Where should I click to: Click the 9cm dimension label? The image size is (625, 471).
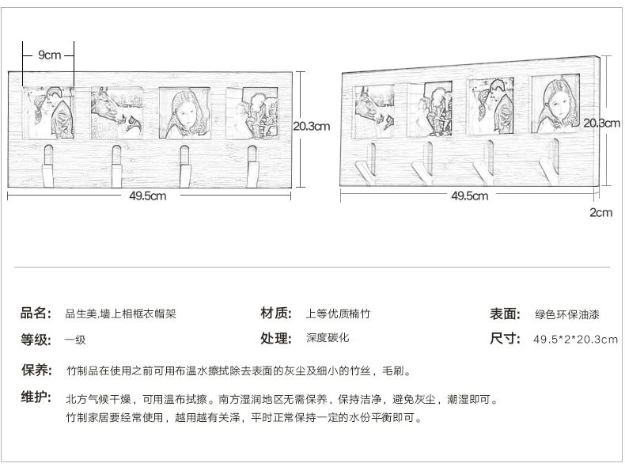(x=49, y=55)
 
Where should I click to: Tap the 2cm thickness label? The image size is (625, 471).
(x=601, y=212)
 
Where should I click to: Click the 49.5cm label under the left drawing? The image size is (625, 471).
(x=147, y=196)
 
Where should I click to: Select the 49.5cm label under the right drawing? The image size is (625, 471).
(x=470, y=196)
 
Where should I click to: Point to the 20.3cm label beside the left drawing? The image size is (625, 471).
(x=312, y=126)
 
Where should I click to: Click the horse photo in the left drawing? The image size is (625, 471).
(x=117, y=113)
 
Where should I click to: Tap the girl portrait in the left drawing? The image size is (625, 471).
(x=184, y=113)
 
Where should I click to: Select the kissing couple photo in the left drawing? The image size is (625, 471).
(x=48, y=113)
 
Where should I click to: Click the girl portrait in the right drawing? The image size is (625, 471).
(x=555, y=105)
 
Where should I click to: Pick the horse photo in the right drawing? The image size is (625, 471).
(x=374, y=112)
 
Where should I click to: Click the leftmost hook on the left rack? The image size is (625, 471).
(x=47, y=166)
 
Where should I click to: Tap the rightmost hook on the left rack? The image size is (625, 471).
(x=252, y=166)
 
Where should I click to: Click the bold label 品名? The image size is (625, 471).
(x=36, y=313)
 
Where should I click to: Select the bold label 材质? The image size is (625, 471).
(x=276, y=313)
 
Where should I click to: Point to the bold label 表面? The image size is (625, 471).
(x=505, y=313)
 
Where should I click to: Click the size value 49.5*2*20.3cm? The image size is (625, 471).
(x=576, y=340)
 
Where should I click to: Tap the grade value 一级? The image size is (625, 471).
(x=75, y=340)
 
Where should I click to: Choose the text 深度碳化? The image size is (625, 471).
(x=328, y=338)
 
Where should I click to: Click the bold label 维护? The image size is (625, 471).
(x=36, y=397)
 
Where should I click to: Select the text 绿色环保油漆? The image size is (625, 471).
(x=566, y=315)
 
